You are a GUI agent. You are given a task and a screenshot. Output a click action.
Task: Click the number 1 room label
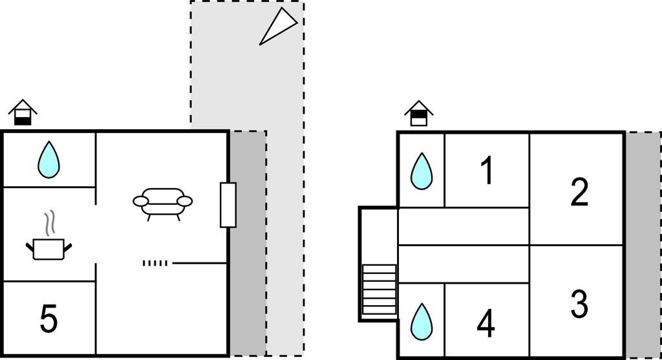tap(487, 171)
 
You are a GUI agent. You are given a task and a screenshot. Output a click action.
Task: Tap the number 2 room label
tap(579, 192)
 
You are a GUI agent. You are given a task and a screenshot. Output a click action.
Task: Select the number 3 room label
tap(579, 304)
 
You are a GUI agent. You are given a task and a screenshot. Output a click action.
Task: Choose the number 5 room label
tap(48, 319)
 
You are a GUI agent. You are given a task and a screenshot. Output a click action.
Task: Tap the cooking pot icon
tap(48, 248)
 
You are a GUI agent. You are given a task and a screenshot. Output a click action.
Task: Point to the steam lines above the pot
tap(48, 224)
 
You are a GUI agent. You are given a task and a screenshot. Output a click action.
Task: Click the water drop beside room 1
tap(422, 171)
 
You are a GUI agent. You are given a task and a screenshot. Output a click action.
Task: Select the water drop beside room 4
tap(422, 321)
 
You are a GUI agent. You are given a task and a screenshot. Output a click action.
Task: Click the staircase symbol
tap(379, 290)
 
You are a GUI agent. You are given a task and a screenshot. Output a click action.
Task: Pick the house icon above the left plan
tap(23, 112)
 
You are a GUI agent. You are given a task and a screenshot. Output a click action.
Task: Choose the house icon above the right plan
tap(420, 113)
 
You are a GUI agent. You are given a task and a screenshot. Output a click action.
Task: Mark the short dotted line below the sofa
tap(155, 263)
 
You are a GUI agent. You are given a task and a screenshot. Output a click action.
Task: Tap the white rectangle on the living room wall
tap(228, 205)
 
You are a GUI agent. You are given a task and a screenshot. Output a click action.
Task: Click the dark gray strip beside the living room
tap(248, 243)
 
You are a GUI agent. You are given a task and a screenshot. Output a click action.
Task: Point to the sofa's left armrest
tap(141, 202)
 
